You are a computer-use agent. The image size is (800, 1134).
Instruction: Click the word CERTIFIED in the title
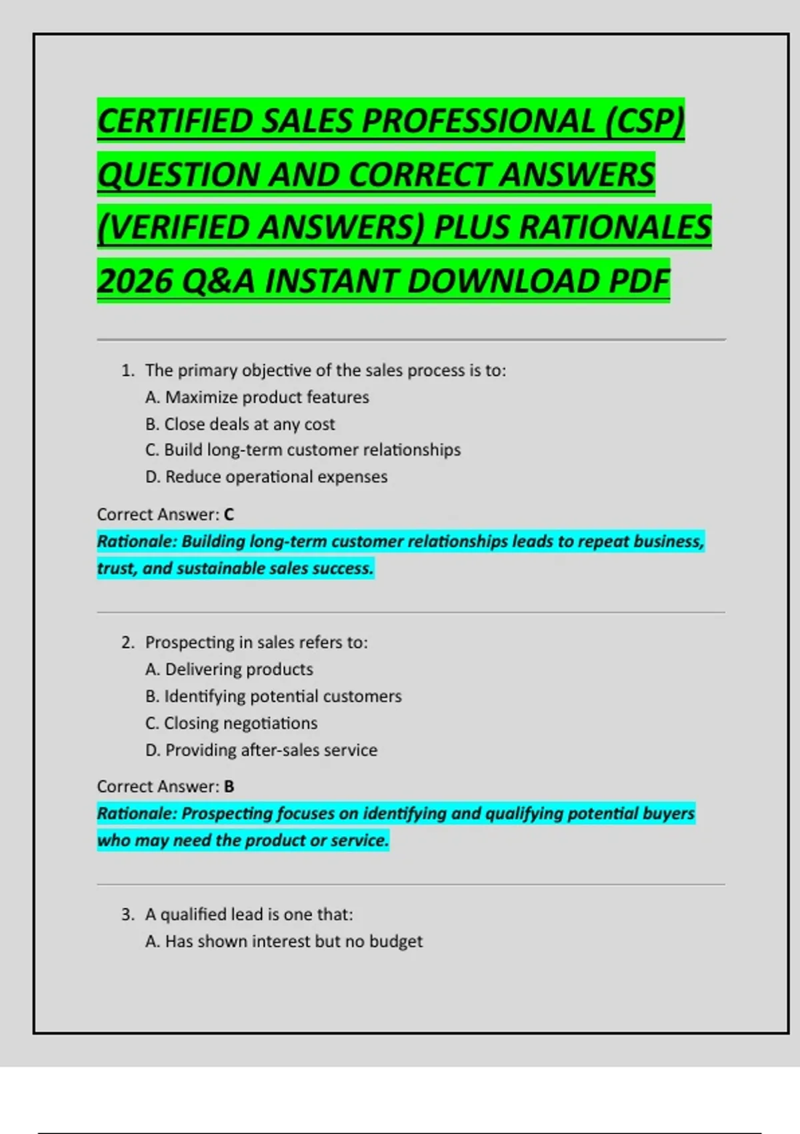click(175, 121)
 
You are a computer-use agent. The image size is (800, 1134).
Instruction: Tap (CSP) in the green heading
click(645, 121)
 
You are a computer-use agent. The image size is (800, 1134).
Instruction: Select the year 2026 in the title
click(134, 281)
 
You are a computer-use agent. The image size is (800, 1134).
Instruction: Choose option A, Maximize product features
click(257, 397)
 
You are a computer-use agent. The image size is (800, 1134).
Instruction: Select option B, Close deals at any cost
click(240, 424)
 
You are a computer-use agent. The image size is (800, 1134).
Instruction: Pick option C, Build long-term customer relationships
click(303, 450)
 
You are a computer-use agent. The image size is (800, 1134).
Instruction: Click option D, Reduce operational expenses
click(266, 477)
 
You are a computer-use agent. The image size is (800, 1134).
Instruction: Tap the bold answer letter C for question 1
click(229, 514)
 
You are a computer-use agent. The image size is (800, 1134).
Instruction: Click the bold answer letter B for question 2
click(229, 786)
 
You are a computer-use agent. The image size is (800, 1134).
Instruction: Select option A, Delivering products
click(229, 669)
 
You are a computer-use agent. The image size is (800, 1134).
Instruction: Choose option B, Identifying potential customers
click(273, 696)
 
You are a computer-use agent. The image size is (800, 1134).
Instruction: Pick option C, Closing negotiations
click(231, 723)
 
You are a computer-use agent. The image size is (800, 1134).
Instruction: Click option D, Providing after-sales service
click(261, 750)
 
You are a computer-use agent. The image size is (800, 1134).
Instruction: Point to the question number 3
click(127, 915)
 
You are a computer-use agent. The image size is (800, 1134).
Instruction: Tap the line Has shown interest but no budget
click(284, 941)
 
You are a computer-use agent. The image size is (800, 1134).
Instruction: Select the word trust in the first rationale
click(115, 568)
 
